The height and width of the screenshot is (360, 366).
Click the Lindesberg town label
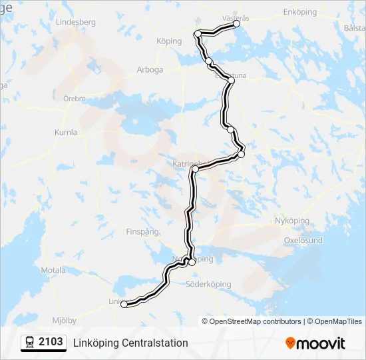(77, 22)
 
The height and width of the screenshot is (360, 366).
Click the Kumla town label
(66, 132)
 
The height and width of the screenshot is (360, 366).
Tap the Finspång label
(142, 232)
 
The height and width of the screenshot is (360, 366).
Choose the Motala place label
(53, 270)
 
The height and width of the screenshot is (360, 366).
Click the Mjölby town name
(64, 320)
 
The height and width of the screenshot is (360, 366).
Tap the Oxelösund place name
(303, 240)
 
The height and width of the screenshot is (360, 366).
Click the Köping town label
(169, 41)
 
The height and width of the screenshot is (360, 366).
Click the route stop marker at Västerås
(236, 24)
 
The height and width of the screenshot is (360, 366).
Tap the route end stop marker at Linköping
(124, 304)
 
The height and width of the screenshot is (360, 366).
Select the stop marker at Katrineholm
(195, 169)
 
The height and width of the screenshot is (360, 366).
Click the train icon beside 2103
(30, 343)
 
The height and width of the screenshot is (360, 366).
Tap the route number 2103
(51, 342)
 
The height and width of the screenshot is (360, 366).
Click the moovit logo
(315, 343)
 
